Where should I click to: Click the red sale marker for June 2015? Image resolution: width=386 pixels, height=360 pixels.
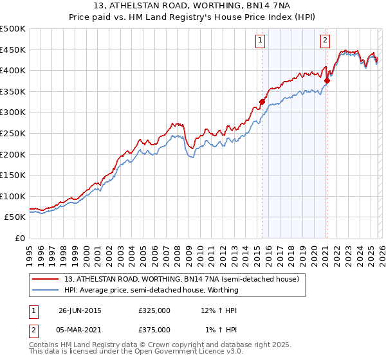[262, 102]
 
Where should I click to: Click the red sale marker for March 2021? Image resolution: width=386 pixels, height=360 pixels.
[327, 80]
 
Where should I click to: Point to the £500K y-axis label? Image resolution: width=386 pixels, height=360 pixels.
[13, 29]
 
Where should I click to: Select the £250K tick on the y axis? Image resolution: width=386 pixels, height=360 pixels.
[13, 134]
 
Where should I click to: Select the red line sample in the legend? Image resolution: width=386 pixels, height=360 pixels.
[46, 280]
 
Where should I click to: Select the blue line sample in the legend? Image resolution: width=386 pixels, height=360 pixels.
[46, 290]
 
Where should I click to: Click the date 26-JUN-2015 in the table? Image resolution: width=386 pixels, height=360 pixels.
[80, 310]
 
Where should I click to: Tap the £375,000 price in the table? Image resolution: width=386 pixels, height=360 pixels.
[154, 330]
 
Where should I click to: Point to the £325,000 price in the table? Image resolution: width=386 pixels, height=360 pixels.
[154, 310]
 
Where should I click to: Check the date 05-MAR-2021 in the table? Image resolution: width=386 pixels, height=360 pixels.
[80, 330]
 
